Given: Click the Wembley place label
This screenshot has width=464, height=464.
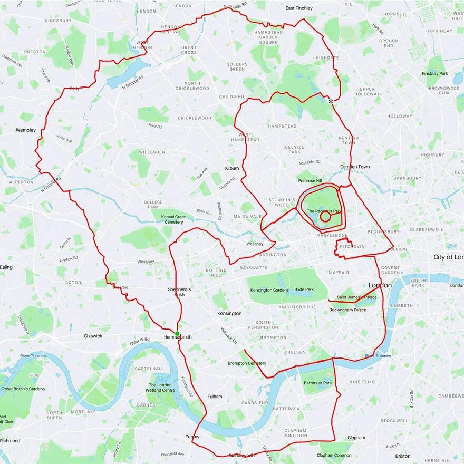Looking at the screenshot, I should coord(26,130).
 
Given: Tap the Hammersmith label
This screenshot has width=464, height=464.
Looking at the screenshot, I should coord(178,336).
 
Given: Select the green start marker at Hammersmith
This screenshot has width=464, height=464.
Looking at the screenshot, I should coord(177,332).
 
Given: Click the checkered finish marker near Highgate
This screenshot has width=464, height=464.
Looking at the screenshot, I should coord(331,100).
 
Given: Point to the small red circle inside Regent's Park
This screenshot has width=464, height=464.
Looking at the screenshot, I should coord(325,216).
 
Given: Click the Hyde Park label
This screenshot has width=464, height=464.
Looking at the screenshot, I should coord(304,289).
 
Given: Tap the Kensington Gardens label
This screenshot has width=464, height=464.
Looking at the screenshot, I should coord(269,290).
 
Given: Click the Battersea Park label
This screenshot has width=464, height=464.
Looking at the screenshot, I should coord(318,383).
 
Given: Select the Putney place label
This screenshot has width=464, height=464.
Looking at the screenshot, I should coord(192,437).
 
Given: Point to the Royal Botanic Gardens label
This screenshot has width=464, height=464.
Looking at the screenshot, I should coord(23,389).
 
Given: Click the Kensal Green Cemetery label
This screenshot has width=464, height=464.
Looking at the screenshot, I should coord(174,219).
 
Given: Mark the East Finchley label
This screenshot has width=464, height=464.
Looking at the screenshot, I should coord(299,8).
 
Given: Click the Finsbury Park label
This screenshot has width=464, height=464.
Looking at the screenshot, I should coord(436,73).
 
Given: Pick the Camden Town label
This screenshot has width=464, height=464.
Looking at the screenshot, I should coord(354,167).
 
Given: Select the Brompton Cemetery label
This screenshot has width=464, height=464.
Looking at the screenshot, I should coord(247,363).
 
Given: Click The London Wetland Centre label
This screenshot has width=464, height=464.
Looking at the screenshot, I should coord(161,388).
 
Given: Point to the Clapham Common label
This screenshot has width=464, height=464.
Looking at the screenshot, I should coord(334,455).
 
